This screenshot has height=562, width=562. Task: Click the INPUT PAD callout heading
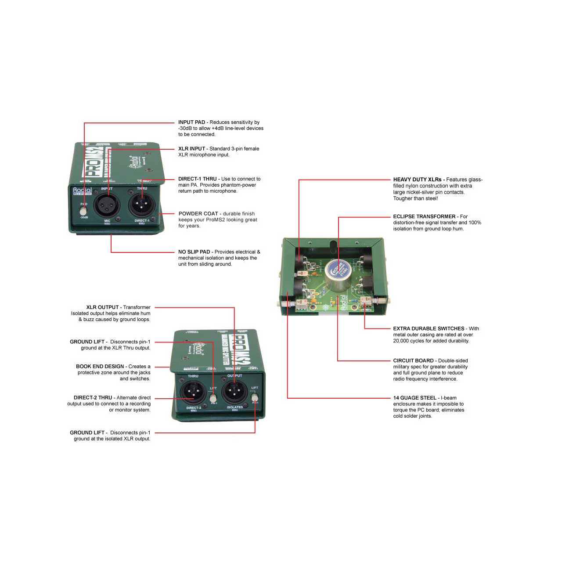(191, 122)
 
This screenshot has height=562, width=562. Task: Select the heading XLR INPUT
(191, 148)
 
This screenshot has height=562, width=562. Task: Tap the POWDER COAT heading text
(198, 213)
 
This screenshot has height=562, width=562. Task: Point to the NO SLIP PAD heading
(194, 252)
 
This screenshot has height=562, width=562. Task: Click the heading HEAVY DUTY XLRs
(417, 179)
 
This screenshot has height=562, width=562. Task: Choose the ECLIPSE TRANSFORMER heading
(424, 216)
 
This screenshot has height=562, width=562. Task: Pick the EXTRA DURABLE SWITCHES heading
(429, 328)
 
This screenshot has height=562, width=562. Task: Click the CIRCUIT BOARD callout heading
(413, 360)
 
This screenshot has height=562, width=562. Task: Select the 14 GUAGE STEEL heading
(414, 398)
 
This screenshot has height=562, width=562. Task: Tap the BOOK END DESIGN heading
(100, 366)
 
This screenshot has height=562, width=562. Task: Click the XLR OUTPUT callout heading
(102, 307)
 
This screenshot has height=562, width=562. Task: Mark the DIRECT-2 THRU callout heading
(93, 397)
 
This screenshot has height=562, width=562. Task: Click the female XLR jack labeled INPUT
(108, 205)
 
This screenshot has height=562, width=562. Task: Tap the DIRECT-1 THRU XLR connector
(142, 205)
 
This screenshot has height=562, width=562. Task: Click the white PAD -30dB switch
(83, 210)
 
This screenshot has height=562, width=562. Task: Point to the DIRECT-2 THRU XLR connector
(193, 392)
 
